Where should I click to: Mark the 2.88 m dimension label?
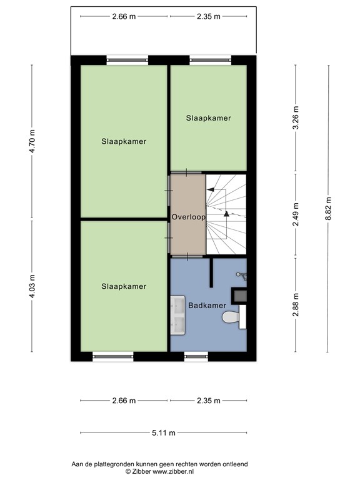[296, 306]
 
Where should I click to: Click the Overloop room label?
[187, 217]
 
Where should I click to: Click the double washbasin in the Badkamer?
[176, 312]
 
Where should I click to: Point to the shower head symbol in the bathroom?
[242, 274]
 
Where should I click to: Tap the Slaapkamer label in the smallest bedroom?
[208, 117]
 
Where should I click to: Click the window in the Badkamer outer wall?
[196, 356]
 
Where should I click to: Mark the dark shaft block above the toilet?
[239, 294]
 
